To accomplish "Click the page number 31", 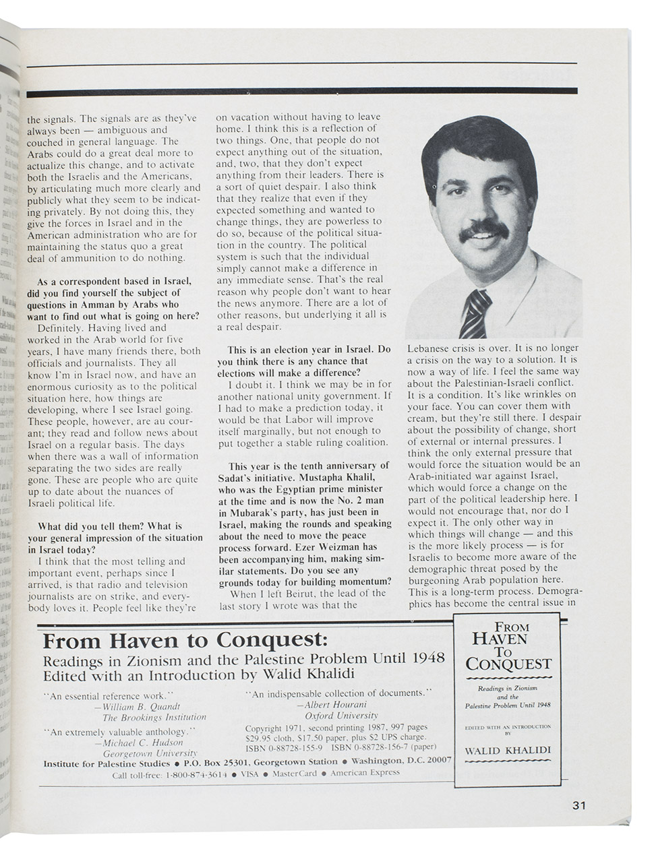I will (x=580, y=805).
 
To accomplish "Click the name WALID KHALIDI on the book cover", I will (x=509, y=750).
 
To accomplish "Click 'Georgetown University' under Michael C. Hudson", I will (x=150, y=753).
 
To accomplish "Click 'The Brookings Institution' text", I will (x=154, y=718).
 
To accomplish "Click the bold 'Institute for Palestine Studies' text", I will (x=106, y=763).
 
